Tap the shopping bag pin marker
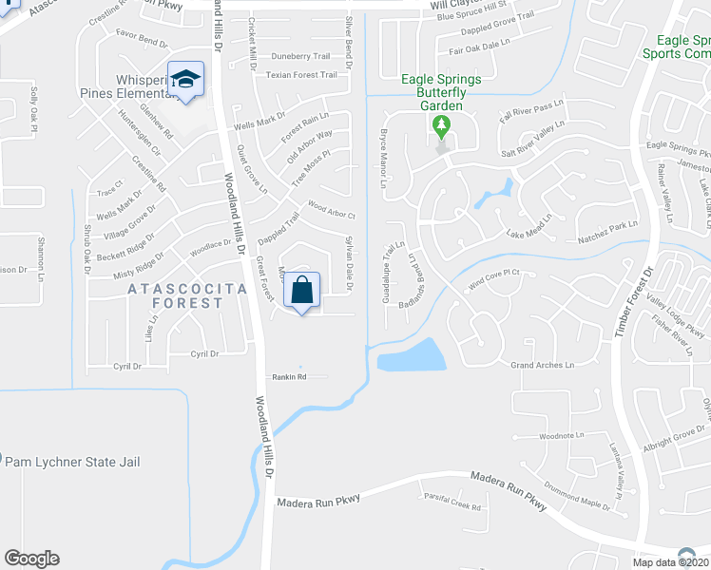[x=301, y=291]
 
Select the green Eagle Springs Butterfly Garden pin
[x=441, y=125]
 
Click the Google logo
[x=31, y=559]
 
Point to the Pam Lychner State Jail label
[x=73, y=462]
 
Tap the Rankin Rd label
[x=287, y=377]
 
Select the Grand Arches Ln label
[x=543, y=365]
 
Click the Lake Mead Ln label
[x=528, y=233]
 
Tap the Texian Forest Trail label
[x=301, y=75]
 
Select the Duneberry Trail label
[x=300, y=56]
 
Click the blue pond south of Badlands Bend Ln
[x=411, y=356]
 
